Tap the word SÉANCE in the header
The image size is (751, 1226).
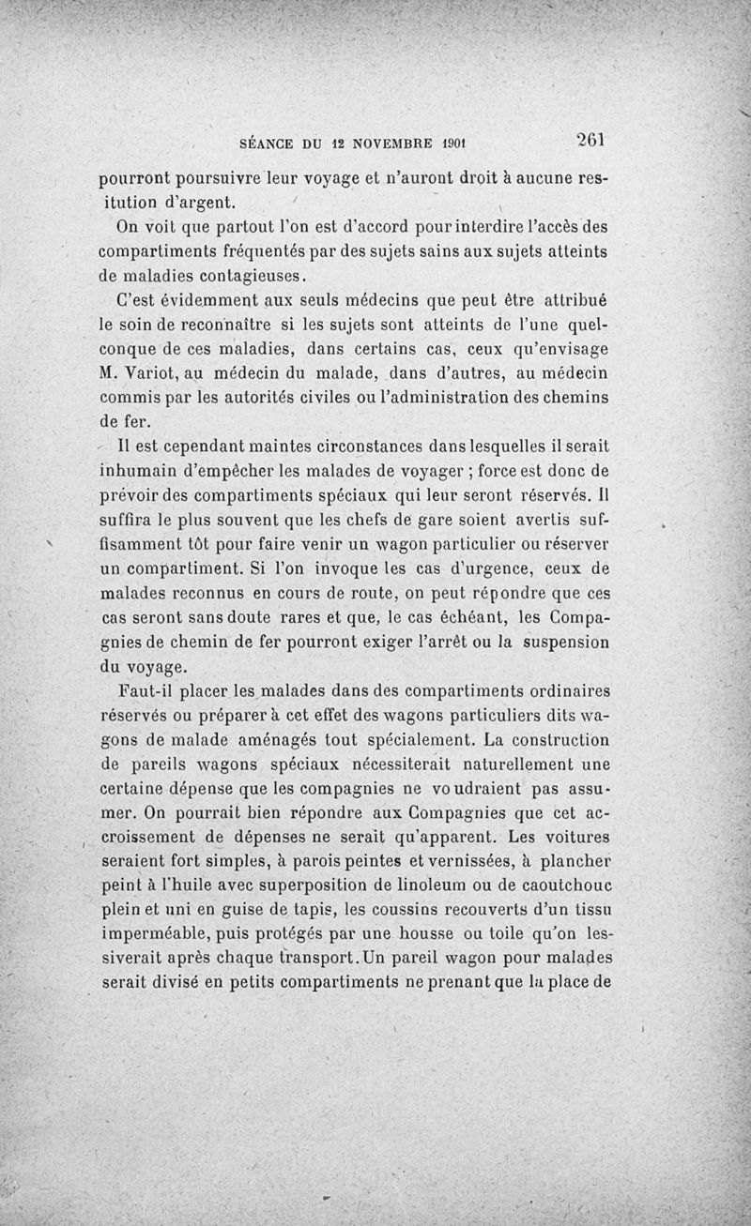click(268, 144)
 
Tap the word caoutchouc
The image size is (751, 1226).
click(559, 885)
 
